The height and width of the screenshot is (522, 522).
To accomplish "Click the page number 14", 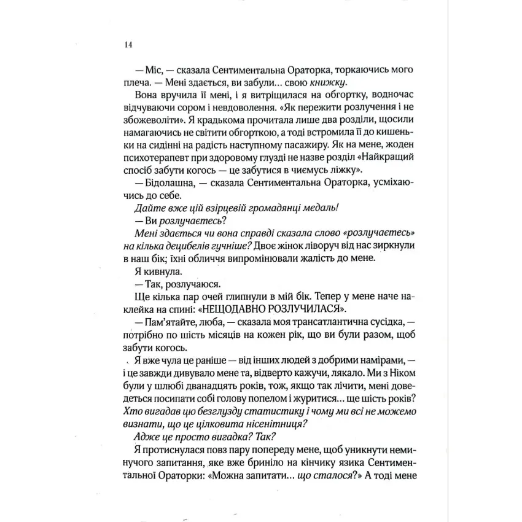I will (x=127, y=45).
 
